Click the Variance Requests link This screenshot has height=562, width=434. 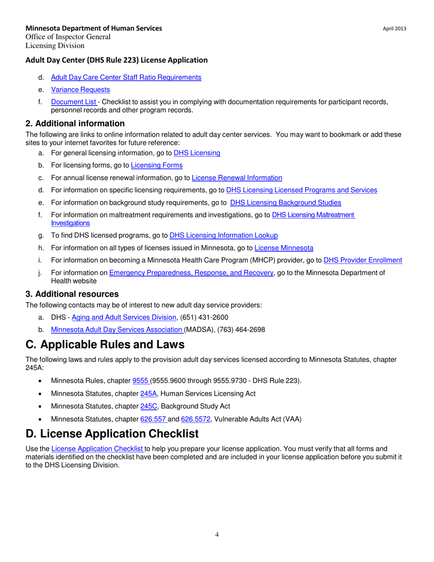(80, 90)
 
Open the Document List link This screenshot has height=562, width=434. (74, 102)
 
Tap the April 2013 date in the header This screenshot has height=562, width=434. (394, 29)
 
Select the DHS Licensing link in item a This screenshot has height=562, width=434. (197, 153)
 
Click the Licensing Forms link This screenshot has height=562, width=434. (157, 165)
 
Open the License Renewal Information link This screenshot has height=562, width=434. (237, 178)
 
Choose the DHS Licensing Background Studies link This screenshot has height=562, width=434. (286, 202)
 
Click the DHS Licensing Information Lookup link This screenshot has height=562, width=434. (223, 235)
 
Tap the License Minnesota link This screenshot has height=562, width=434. (284, 248)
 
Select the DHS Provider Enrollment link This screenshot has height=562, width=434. (363, 260)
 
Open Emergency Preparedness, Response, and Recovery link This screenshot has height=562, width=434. (191, 273)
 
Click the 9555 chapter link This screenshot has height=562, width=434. (140, 381)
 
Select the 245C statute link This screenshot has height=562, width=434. (148, 406)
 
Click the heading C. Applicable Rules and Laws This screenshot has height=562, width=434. (105, 345)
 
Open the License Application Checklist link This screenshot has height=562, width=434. (97, 449)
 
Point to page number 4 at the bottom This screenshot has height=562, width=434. (217, 535)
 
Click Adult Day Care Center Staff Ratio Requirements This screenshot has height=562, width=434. (126, 77)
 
